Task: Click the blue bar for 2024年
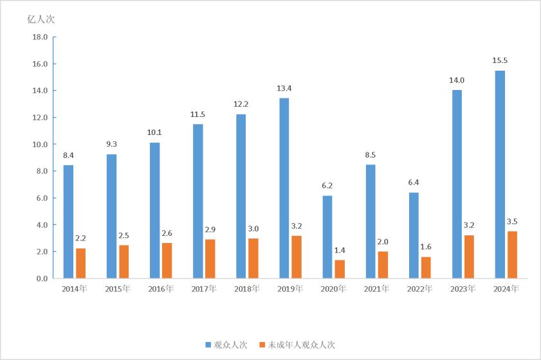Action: click(500, 174)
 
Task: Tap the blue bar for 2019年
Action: click(284, 188)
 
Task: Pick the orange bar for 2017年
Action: click(210, 258)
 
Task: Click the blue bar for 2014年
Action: click(68, 222)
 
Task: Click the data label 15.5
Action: click(500, 60)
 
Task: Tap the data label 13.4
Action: click(284, 88)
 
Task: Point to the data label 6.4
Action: click(414, 182)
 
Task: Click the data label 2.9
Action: click(210, 230)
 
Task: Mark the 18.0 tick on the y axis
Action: click(40, 37)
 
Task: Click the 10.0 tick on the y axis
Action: click(40, 145)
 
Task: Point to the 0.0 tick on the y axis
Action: click(42, 278)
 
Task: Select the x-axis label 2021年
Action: click(376, 289)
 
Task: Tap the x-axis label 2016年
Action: click(160, 289)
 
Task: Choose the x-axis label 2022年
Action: click(419, 289)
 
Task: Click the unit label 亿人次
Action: click(41, 19)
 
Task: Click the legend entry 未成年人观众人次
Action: click(296, 345)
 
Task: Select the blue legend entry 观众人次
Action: click(226, 345)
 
